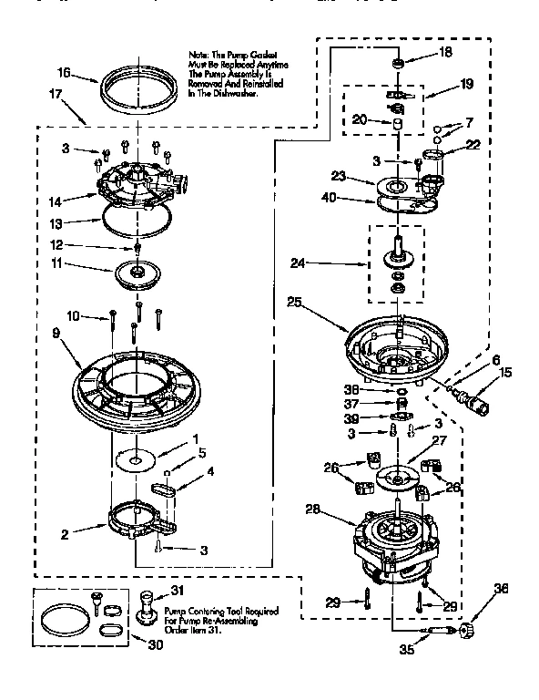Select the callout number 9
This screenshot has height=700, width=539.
coord(56,334)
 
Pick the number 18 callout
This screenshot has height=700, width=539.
coord(445,52)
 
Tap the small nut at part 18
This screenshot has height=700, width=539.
coord(396,64)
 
